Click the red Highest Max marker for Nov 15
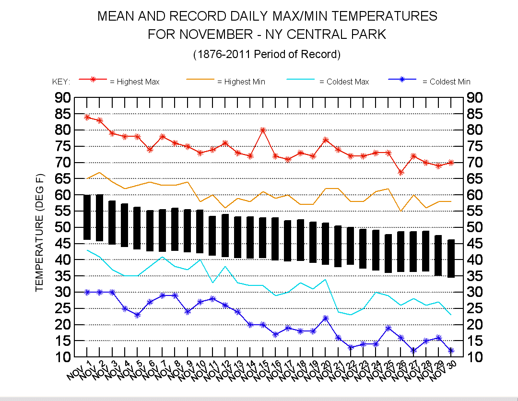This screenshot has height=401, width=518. point(263,130)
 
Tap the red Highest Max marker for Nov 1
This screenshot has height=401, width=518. point(87,117)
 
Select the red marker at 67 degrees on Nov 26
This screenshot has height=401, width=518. point(401,172)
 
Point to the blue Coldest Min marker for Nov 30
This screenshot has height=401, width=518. point(451,351)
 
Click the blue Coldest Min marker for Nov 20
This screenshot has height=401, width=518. point(325,318)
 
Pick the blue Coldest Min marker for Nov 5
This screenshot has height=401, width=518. point(137,315)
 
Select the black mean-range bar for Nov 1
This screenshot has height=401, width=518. point(87,217)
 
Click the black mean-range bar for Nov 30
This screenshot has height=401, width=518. point(451,259)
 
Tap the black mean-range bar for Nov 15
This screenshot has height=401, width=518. point(263,238)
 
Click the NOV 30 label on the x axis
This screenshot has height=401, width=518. point(445,371)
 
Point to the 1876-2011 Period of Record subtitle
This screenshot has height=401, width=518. point(267,54)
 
